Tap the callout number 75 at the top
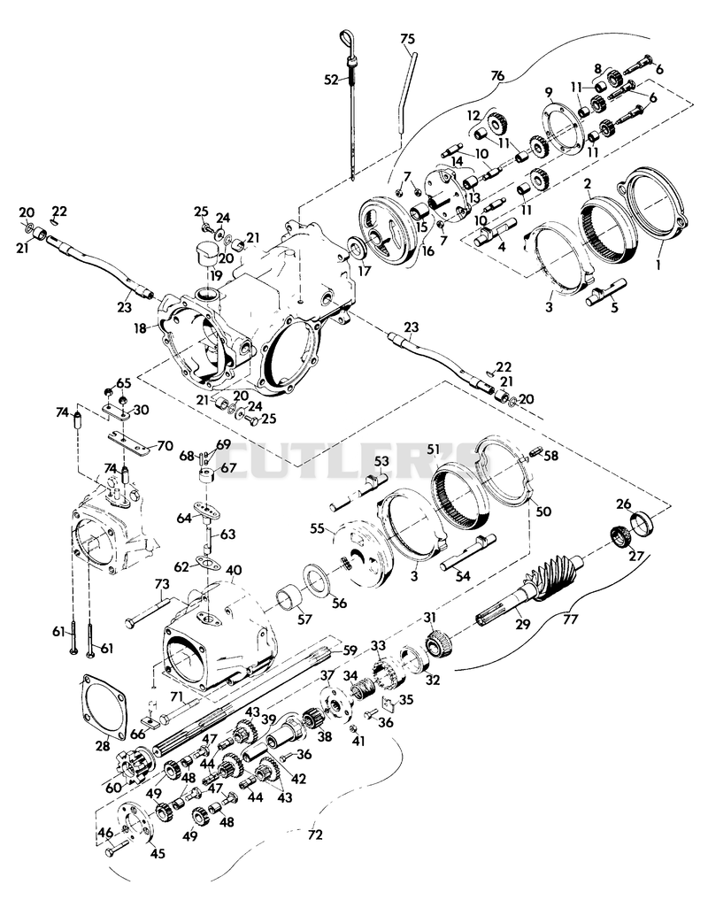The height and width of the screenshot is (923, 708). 407,39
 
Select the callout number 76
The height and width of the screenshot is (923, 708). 497,76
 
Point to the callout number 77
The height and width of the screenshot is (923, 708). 571,619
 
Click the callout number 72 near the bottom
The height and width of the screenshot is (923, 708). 315,835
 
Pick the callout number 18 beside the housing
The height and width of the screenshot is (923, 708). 140,328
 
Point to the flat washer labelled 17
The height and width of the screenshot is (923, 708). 357,248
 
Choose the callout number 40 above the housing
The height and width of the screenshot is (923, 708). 234,571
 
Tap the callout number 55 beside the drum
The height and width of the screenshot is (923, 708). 318,529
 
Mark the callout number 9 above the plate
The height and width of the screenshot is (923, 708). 549,92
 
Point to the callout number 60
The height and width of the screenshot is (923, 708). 113,788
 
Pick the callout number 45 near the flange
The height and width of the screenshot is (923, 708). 158,853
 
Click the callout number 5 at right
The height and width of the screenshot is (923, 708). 615,307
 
